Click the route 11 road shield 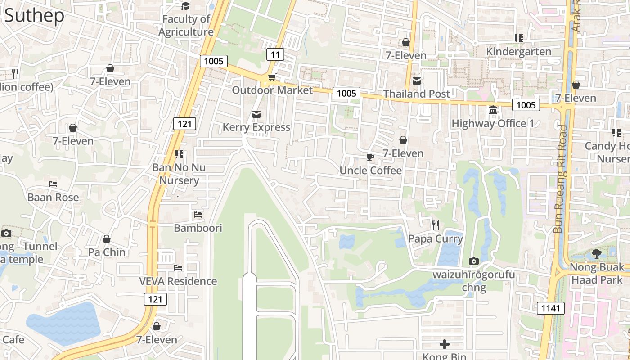[x=275, y=55]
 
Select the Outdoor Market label [x=272, y=90]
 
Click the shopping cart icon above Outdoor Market [x=271, y=77]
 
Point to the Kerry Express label [x=256, y=127]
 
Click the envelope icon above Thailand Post [x=417, y=81]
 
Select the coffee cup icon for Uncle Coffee [x=370, y=157]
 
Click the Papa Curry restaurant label [x=435, y=238]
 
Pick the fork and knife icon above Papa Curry [x=435, y=225]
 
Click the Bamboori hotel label [x=198, y=228]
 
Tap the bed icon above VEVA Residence [x=178, y=268]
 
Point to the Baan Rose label [x=53, y=197]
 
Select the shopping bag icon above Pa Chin [x=107, y=239]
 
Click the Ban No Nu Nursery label [x=179, y=174]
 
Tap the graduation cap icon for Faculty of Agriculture [x=185, y=6]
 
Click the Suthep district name [x=34, y=16]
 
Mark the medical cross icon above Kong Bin [x=445, y=345]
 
